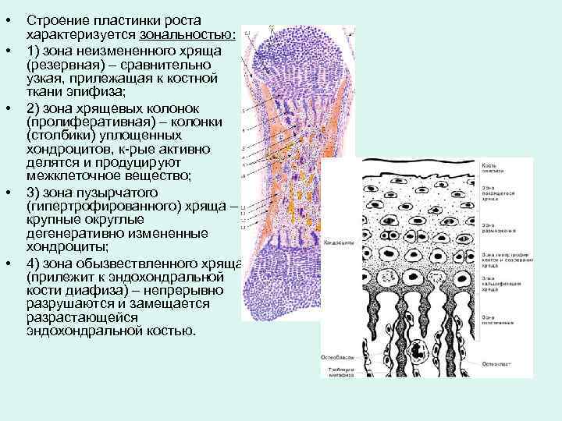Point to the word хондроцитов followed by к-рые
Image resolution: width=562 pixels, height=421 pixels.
click(65, 149)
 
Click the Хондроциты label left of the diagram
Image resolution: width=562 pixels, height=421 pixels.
click(339, 243)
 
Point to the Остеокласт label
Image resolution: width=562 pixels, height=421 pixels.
click(498, 363)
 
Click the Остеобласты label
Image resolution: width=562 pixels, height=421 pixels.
click(336, 357)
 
